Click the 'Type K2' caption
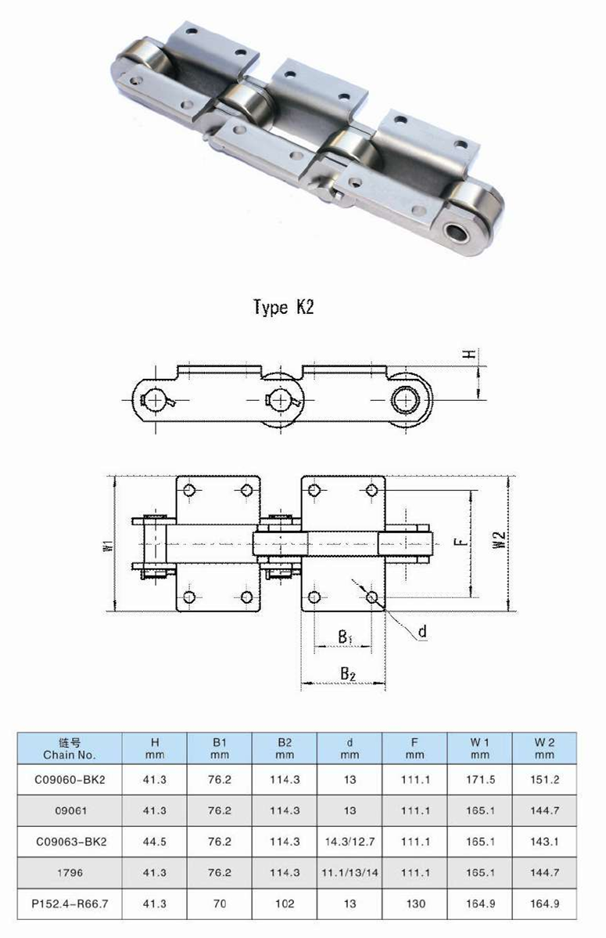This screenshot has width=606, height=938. [x=283, y=307]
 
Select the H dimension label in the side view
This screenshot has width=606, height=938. [x=468, y=355]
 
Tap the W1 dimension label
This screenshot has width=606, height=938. [x=107, y=543]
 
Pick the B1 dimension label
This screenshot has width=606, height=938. [x=345, y=637]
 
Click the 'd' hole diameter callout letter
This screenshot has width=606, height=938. [x=422, y=632]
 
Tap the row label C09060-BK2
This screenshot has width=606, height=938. [x=70, y=780]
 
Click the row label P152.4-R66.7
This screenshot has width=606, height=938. [x=70, y=904]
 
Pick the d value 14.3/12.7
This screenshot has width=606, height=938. [x=350, y=842]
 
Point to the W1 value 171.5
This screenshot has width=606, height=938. [x=479, y=780]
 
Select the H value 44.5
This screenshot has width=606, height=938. [x=154, y=842]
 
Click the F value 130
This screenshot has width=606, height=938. [x=414, y=904]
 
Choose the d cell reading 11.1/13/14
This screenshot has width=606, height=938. [x=350, y=872]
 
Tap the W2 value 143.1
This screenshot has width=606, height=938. [x=544, y=842]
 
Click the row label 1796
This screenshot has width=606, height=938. [x=70, y=872]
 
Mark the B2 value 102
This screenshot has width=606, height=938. [x=285, y=904]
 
